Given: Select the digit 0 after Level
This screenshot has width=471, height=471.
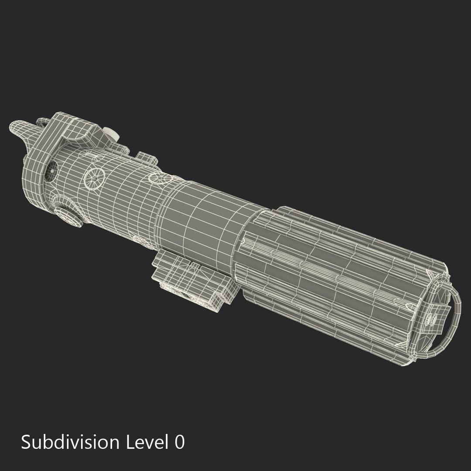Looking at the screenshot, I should (x=179, y=443).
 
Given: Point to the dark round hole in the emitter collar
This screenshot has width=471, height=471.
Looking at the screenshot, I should (x=51, y=171).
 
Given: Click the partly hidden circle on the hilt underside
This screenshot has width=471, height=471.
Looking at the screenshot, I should (x=137, y=240).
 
